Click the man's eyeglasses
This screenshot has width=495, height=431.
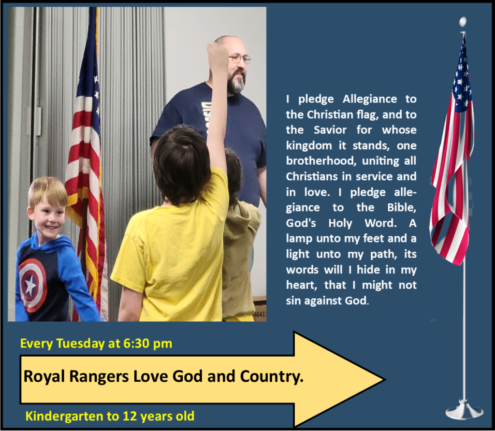[240, 58]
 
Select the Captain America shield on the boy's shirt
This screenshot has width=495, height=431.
[32, 285]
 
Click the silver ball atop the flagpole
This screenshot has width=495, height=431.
[463, 22]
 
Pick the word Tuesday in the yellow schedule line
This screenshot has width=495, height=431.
[80, 343]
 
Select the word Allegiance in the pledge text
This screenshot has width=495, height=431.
[370, 99]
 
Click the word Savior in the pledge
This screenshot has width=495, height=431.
[330, 129]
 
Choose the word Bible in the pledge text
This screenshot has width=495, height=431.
[402, 207]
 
